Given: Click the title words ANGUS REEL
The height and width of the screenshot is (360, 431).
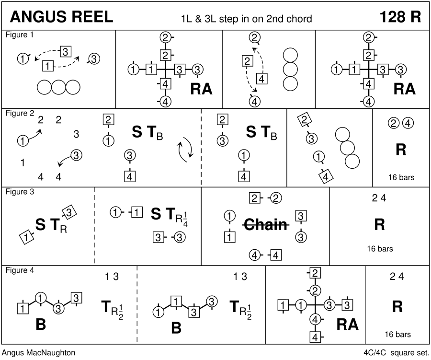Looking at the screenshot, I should [61, 17].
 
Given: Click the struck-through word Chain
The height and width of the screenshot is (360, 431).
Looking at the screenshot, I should [265, 224].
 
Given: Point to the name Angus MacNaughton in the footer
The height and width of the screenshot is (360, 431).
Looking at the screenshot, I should [38, 353].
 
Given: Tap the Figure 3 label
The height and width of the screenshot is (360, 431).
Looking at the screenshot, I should [20, 192].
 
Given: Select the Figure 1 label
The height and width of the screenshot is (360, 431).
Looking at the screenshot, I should [20, 35].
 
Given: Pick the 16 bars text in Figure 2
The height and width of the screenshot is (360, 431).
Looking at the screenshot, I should [401, 177].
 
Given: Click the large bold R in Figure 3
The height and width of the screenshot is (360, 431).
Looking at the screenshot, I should [379, 224].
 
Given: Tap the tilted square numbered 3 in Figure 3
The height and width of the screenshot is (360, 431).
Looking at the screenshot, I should [68, 212].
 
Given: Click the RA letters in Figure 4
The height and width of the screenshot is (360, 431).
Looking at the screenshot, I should [348, 324].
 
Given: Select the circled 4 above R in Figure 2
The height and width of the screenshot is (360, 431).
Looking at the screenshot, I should [408, 123].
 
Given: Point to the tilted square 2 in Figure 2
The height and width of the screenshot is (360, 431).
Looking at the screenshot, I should [303, 120].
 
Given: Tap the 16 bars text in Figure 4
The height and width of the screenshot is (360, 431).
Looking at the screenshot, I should [397, 334].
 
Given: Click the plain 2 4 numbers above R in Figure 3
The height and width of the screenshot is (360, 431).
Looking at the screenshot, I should [379, 198].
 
